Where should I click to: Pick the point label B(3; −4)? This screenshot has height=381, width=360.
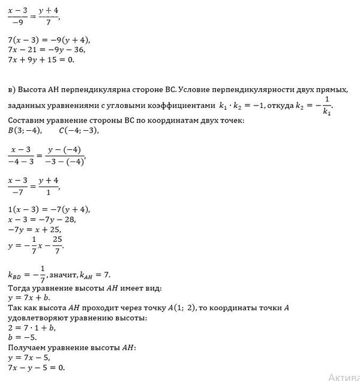(x=19, y=131)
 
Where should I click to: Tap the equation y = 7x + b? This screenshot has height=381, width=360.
(x=26, y=298)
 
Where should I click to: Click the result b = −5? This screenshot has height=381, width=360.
(x=19, y=338)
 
